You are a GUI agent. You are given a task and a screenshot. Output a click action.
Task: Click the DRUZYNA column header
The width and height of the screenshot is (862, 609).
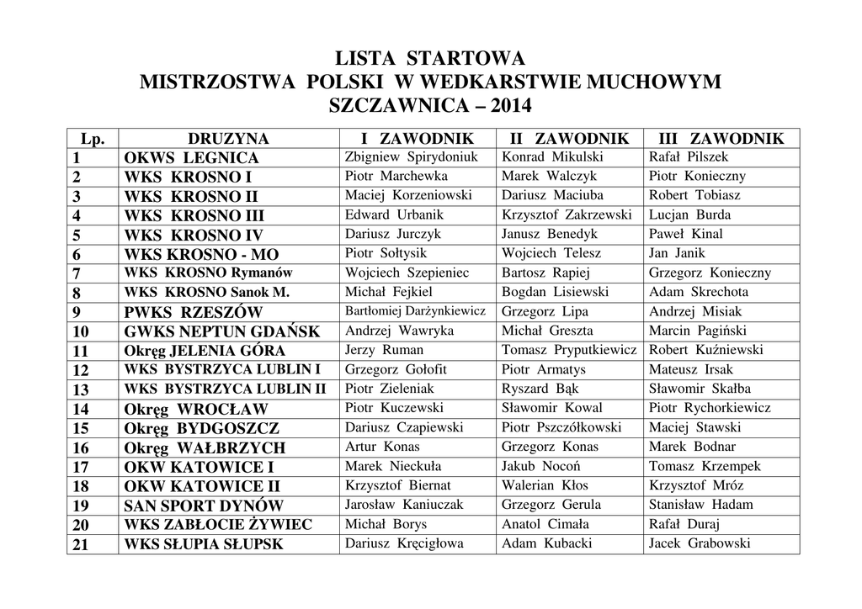(x=228, y=139)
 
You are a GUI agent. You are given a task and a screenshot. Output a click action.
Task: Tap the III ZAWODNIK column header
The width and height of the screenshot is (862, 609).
(x=721, y=139)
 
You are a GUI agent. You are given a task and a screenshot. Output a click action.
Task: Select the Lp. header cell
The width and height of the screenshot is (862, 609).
(x=92, y=139)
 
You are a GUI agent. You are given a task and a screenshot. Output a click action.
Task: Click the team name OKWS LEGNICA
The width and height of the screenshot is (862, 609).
(x=192, y=158)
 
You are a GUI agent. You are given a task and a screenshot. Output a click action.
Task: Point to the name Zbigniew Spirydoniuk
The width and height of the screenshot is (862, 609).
(x=411, y=157)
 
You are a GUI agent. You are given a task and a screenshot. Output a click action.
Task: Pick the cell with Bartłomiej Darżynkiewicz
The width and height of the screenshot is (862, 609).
(x=415, y=311)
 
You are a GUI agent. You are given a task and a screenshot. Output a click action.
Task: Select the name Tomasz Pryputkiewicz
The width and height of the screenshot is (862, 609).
(x=569, y=350)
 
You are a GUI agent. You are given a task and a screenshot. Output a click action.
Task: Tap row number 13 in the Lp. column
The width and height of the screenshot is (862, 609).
(x=81, y=389)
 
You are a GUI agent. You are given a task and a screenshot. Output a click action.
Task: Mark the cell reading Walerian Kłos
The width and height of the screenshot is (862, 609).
(x=545, y=485)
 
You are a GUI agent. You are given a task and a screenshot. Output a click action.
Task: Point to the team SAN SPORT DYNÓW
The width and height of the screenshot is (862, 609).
(x=204, y=506)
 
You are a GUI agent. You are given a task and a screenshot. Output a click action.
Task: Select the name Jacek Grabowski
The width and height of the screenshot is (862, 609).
(x=699, y=543)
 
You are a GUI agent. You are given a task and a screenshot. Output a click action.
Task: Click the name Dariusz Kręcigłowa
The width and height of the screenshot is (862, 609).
(x=404, y=543)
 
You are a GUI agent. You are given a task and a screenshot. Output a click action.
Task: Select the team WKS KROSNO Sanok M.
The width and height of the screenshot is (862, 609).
(x=206, y=293)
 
